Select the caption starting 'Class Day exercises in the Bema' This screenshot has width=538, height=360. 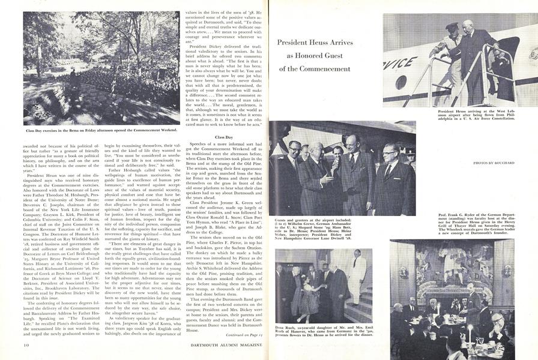101,130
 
